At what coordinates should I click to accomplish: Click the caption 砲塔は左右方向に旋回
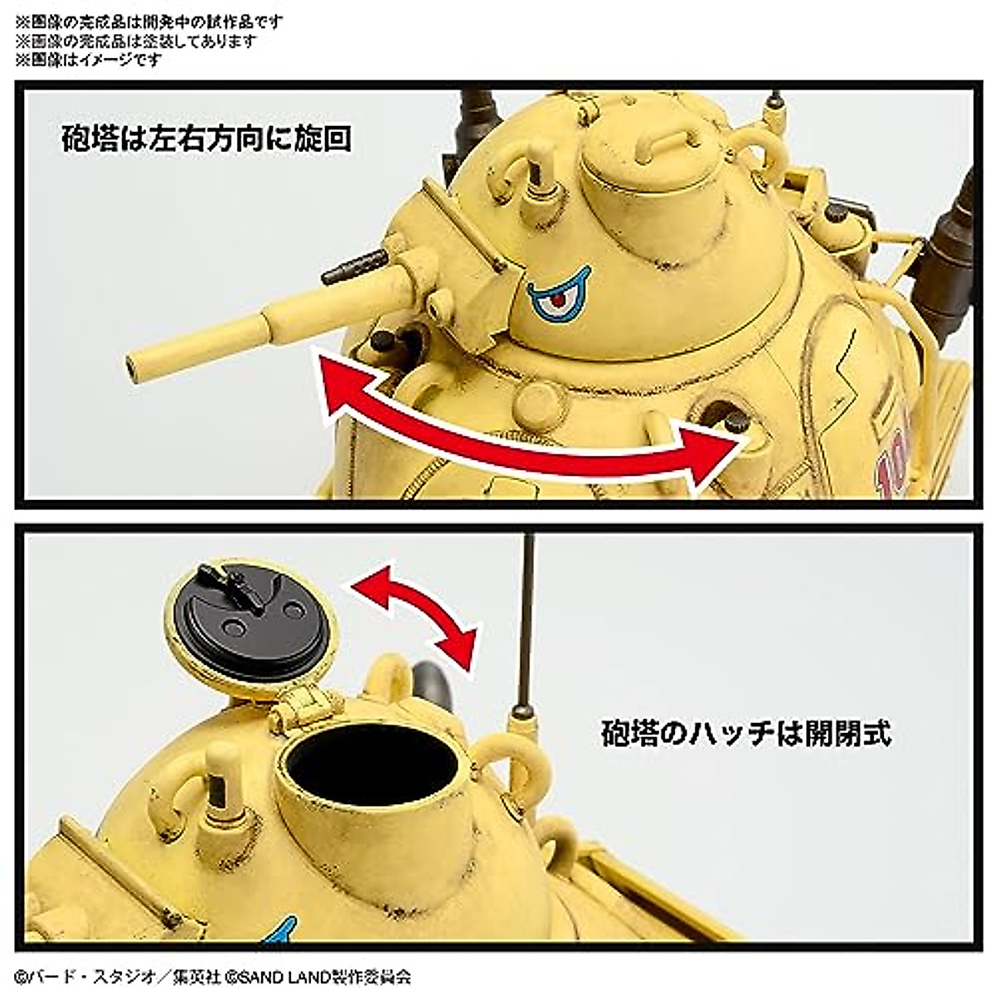[x=206, y=138]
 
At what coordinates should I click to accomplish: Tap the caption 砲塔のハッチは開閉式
[x=746, y=733]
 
